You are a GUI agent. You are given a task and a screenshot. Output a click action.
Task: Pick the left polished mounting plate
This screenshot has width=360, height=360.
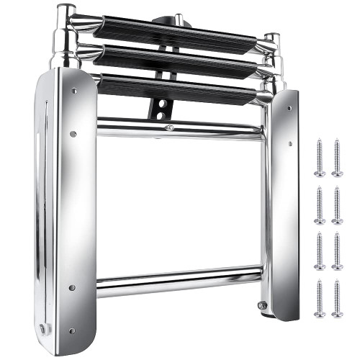[72, 202]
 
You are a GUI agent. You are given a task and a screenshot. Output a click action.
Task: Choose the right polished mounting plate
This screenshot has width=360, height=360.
[287, 202]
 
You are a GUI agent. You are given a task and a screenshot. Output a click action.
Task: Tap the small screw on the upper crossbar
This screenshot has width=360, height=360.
[169, 127]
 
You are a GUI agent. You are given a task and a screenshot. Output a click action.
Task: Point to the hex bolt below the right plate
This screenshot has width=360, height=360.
[262, 305]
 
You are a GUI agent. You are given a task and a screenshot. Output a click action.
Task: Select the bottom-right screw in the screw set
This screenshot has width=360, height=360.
[337, 298]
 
